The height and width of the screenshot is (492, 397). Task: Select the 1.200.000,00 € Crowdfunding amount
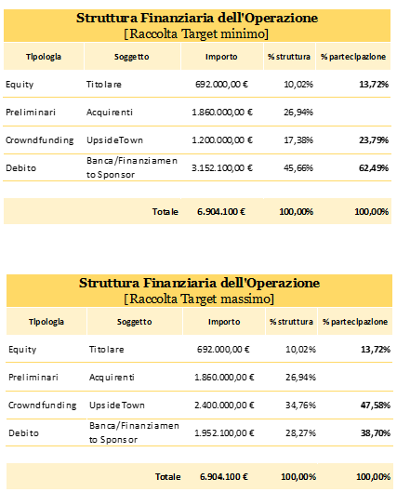tap(222, 140)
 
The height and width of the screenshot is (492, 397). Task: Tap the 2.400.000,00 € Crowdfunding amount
tap(224, 406)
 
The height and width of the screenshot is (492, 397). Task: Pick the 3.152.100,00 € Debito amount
tap(222, 167)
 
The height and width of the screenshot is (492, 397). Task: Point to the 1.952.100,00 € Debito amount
tap(224, 433)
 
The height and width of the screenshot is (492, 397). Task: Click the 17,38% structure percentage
tap(298, 140)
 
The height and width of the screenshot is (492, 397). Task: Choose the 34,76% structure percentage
tap(300, 406)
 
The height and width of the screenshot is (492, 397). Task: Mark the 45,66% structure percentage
tap(298, 167)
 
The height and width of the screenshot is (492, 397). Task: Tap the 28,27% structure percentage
tap(300, 433)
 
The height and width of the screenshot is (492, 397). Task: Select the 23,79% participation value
tap(374, 140)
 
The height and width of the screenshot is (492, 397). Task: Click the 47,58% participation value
tap(376, 406)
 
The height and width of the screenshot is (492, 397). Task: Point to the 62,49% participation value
tap(374, 167)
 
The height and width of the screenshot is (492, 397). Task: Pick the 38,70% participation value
tap(376, 433)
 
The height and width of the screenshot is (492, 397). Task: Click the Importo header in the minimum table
tap(221, 57)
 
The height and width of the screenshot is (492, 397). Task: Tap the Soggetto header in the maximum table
tap(134, 322)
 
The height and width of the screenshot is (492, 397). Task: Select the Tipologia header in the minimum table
tap(44, 57)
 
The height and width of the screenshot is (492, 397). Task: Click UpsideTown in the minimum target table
tap(114, 140)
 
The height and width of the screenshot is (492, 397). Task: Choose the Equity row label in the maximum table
tap(22, 350)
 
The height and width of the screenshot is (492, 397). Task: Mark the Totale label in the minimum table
tap(165, 212)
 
